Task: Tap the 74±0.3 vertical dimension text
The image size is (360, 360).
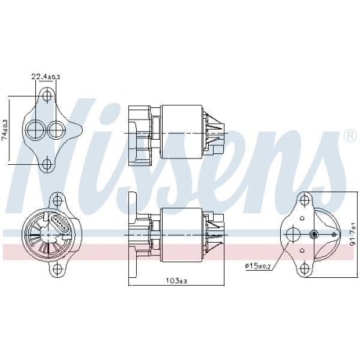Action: [x=6, y=131]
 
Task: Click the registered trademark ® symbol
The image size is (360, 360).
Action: [x=349, y=135]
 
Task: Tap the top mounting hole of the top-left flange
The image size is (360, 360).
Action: [x=48, y=96]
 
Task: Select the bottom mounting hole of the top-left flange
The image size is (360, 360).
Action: [x=48, y=165]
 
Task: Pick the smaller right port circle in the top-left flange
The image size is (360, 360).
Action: [x=55, y=130]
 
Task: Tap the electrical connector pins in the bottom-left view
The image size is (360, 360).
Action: [x=58, y=223]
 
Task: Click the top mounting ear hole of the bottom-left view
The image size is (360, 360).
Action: [x=57, y=197]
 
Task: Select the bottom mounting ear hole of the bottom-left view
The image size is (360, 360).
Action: [x=57, y=270]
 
